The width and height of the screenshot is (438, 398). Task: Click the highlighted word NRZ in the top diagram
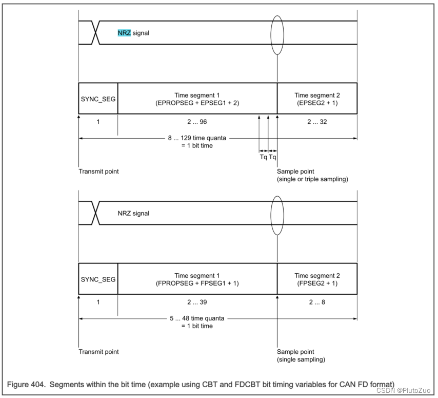tap(123, 33)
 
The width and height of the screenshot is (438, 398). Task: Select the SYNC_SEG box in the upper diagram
tap(98, 98)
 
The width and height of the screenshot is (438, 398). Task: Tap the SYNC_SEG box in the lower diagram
tap(98, 279)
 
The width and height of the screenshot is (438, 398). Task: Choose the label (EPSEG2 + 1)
tap(317, 103)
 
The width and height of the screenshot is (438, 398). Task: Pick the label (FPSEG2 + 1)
tap(317, 283)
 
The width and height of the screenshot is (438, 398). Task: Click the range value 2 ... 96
tap(198, 122)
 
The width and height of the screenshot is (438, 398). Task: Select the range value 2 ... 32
tap(317, 122)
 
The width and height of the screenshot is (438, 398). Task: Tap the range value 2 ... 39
tap(198, 302)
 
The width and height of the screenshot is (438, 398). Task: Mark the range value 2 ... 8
tap(317, 302)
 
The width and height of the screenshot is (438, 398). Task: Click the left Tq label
tap(263, 157)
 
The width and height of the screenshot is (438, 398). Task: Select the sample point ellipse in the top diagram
tap(277, 35)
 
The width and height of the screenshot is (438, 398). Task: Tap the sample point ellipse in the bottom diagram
tap(277, 216)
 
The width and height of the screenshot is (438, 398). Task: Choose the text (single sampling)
tap(301, 359)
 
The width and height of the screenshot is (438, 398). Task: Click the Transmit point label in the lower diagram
tap(98, 352)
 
